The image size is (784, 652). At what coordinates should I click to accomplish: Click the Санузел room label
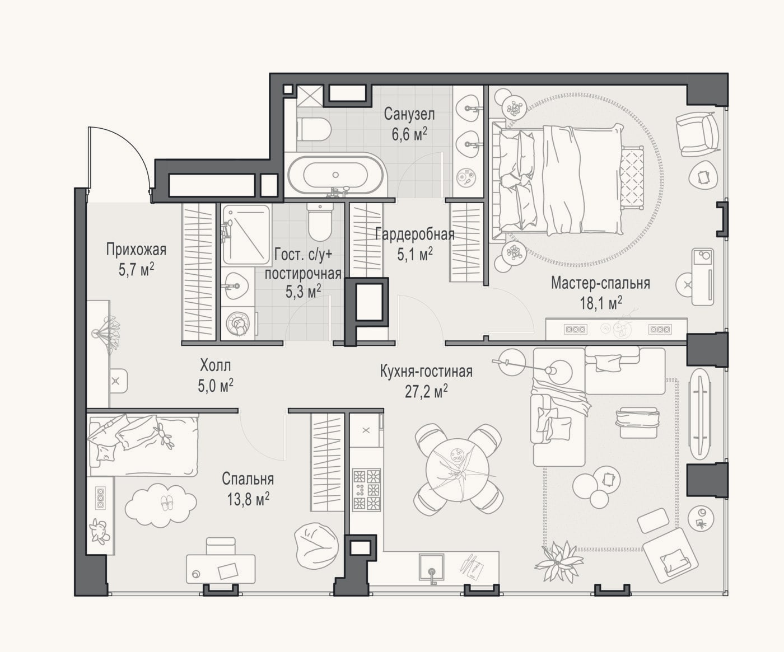(409, 115)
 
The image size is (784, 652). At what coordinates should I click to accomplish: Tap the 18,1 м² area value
(601, 303)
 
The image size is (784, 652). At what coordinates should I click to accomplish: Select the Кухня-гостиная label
(426, 371)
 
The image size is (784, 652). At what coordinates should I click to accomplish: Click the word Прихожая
(136, 250)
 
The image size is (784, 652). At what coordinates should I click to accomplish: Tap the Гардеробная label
(415, 234)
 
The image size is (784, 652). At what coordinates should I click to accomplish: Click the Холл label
(216, 365)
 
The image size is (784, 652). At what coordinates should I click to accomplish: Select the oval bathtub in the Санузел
(335, 175)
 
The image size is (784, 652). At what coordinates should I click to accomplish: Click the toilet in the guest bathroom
(320, 222)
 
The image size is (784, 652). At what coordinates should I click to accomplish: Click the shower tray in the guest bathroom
(246, 234)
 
